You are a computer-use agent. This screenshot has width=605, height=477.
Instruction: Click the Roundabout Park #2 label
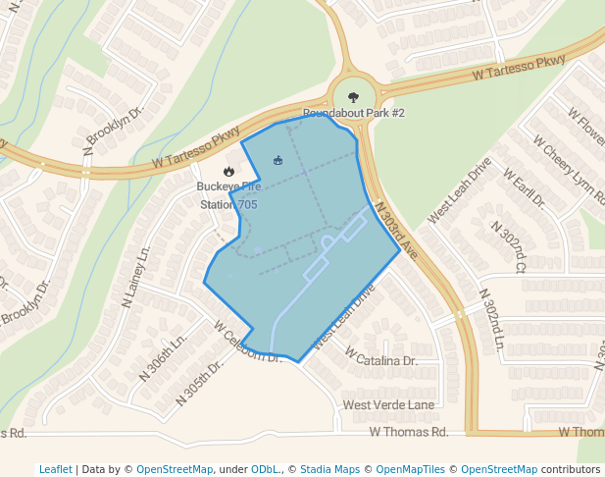click(353, 114)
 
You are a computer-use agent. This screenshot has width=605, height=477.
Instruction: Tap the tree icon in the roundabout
click(353, 97)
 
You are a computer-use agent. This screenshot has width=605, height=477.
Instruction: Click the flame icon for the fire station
click(228, 171)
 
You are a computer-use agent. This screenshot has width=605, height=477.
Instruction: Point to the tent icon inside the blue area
click(277, 160)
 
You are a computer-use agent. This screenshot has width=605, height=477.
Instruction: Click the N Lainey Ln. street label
click(135, 279)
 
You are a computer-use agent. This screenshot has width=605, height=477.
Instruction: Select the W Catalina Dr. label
click(380, 361)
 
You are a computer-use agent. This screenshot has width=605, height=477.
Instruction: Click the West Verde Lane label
click(387, 404)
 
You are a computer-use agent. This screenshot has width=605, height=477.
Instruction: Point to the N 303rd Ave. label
click(397, 230)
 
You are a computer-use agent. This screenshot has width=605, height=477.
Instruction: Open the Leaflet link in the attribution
click(56, 469)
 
